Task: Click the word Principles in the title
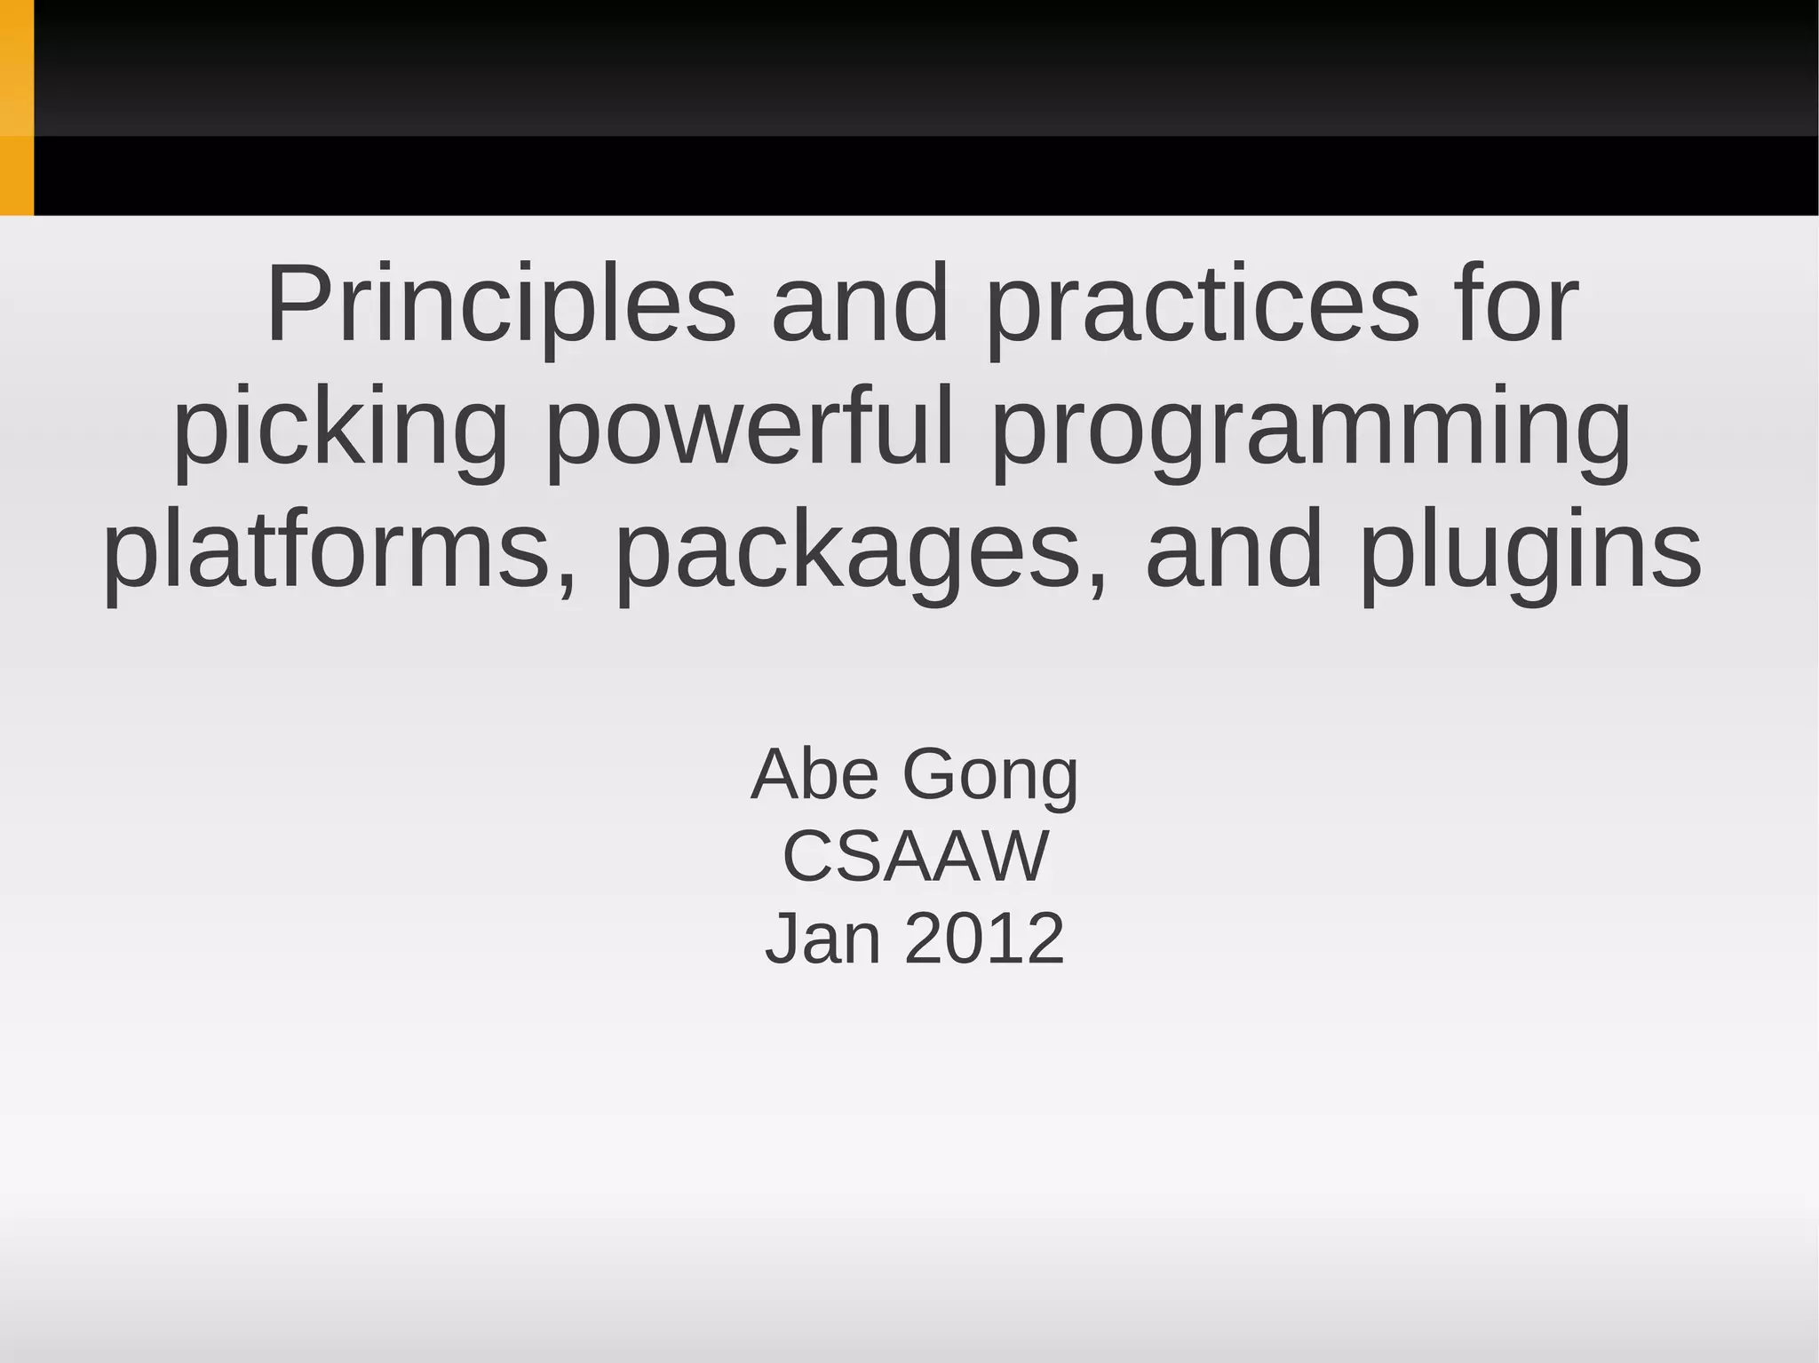tap(501, 305)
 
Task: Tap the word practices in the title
tap(1203, 305)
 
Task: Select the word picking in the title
tap(340, 427)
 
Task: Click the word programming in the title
tap(1311, 427)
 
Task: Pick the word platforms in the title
tap(327, 550)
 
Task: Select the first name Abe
tap(815, 774)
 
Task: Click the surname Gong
tap(990, 774)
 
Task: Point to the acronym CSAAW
tap(916, 856)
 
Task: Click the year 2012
tap(984, 938)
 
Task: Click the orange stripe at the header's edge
tap(16, 107)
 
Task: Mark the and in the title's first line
tap(860, 305)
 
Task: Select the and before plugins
tap(1235, 550)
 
